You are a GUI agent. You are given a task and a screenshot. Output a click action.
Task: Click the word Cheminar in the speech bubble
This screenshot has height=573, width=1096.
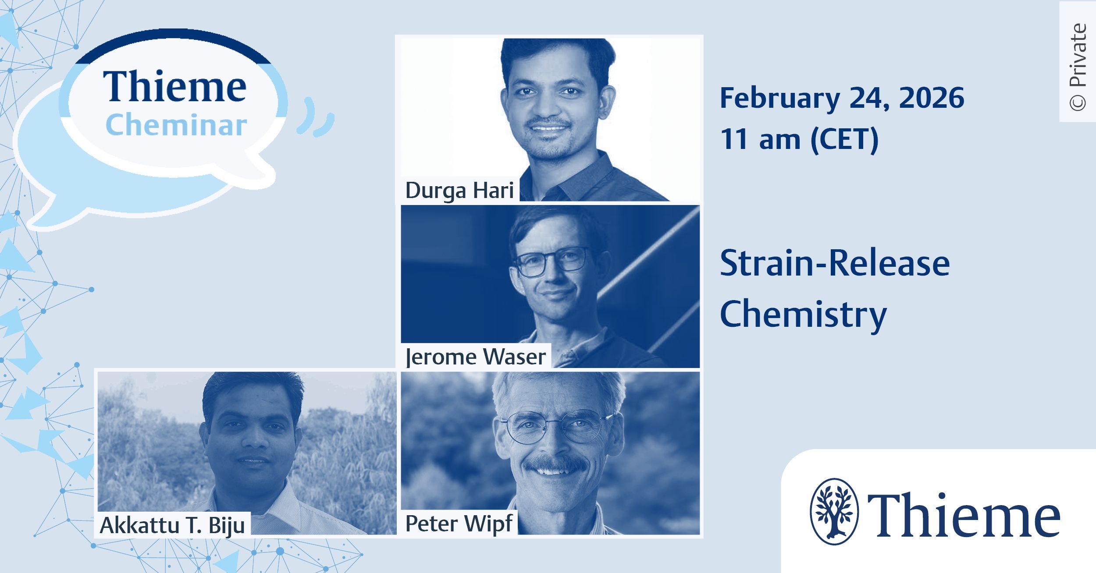[176, 125]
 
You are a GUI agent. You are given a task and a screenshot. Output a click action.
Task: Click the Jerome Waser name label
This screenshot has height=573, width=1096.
[476, 357]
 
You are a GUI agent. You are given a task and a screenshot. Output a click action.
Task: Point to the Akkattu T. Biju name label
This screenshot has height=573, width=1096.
[172, 525]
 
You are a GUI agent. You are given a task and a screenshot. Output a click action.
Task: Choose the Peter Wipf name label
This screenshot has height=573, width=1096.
[459, 523]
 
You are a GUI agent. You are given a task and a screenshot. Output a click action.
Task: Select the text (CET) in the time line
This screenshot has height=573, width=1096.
[844, 140]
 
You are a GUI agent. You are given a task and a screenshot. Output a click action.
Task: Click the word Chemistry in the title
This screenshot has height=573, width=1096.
[803, 315]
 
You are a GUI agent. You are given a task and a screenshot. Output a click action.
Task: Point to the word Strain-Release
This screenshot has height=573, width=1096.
[835, 264]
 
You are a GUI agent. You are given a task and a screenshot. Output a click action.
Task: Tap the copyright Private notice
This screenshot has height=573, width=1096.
[1078, 67]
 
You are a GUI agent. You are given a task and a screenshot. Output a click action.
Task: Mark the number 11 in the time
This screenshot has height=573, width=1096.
[735, 140]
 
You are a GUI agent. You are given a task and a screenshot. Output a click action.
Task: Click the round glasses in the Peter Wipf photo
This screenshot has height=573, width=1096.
[557, 425]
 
